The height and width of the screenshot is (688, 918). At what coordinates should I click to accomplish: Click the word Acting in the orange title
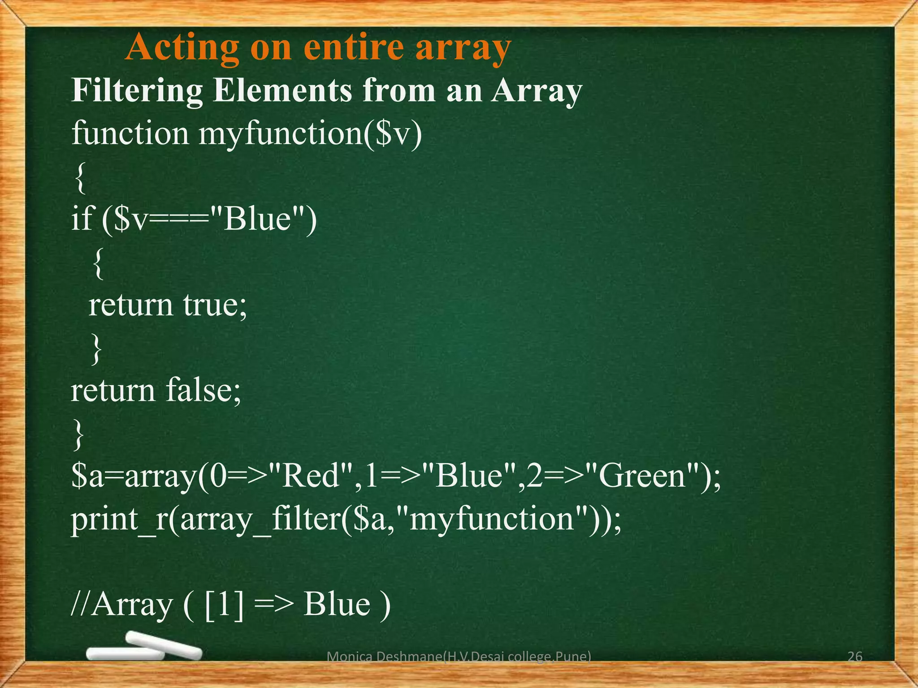[x=182, y=48]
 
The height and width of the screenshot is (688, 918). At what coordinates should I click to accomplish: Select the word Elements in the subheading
[x=282, y=91]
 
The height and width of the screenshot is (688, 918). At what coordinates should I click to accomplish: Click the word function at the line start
[x=130, y=133]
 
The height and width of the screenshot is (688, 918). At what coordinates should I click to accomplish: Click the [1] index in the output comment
[x=224, y=605]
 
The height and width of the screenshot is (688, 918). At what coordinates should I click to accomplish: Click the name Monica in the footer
[x=343, y=657]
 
